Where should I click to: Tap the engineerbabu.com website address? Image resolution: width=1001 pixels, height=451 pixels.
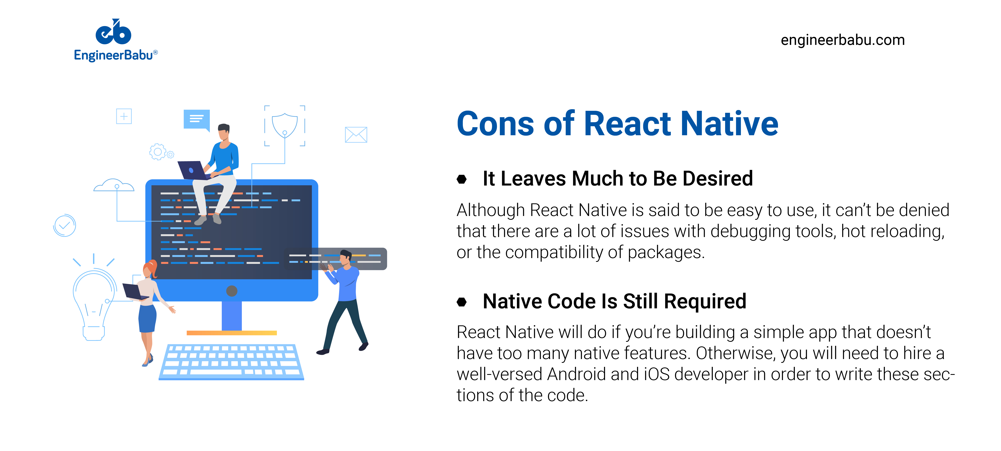[x=842, y=40]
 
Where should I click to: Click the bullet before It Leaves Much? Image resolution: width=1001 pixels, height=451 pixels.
[x=462, y=179]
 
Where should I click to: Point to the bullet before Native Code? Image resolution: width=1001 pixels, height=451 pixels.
[x=462, y=302]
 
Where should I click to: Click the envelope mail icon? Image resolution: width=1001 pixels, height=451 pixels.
[x=356, y=135]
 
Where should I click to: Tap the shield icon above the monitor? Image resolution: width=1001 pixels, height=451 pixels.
[x=284, y=125]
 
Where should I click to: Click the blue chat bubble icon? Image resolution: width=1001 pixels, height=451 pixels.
[x=197, y=119]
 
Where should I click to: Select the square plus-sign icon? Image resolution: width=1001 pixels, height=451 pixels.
[x=124, y=116]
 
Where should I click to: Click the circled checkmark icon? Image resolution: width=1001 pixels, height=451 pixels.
[x=64, y=226]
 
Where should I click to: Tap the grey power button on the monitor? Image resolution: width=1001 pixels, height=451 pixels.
[x=232, y=291]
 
